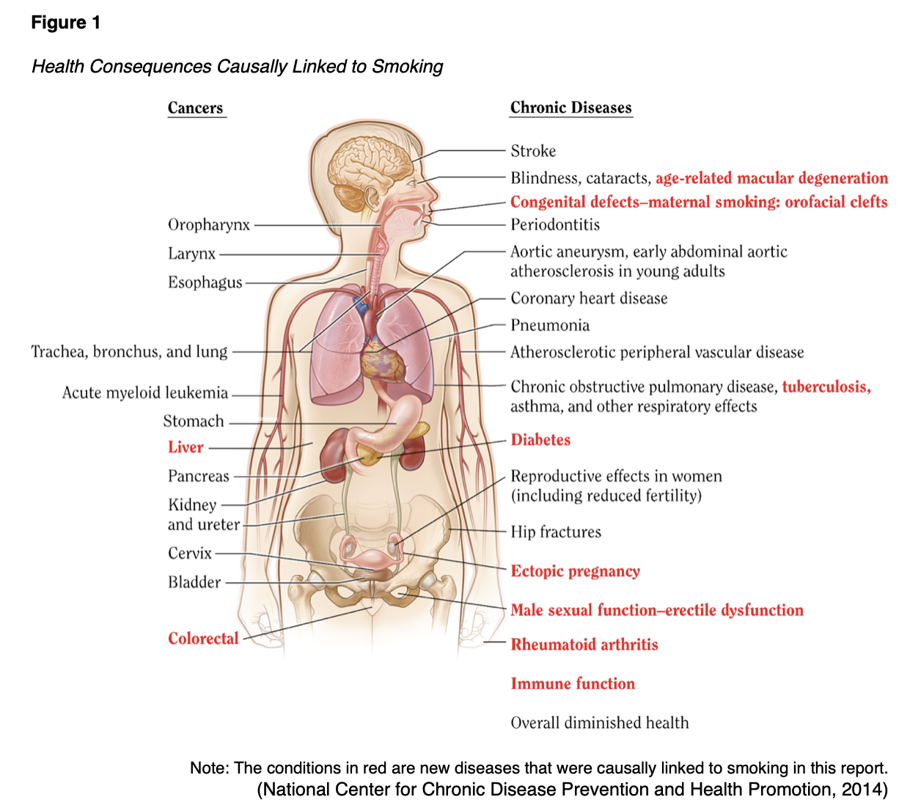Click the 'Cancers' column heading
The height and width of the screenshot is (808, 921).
(195, 108)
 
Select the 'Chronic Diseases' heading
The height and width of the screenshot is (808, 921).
(570, 108)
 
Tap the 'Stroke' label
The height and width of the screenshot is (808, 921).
(533, 151)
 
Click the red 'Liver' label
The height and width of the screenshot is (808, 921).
(186, 447)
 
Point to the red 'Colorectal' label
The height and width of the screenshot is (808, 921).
(203, 639)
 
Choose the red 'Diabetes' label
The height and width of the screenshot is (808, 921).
(540, 440)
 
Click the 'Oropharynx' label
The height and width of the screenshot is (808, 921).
(209, 225)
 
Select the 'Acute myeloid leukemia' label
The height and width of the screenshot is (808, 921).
(145, 393)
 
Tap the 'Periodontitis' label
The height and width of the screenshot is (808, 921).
(555, 225)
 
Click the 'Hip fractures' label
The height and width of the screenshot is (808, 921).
(556, 532)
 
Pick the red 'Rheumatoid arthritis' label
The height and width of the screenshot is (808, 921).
(584, 645)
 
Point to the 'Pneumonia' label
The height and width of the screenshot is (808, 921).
(550, 326)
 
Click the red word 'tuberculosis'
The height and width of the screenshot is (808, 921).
(826, 387)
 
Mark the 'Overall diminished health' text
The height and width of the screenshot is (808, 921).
(600, 723)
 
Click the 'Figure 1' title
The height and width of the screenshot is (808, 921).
(65, 23)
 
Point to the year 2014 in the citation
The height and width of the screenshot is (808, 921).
(861, 790)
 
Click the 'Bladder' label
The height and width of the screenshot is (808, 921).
(194, 582)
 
